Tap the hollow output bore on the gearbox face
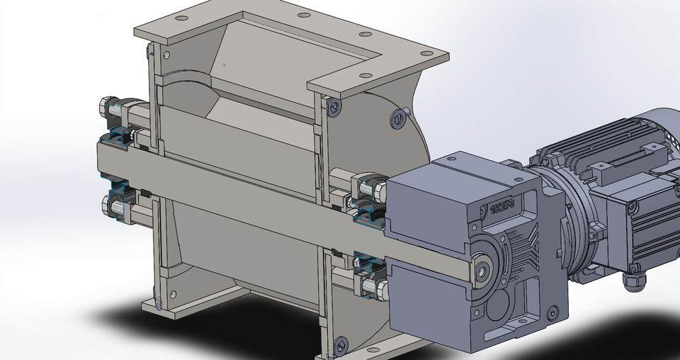click(x=484, y=269)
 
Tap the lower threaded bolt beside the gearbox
click(x=371, y=287)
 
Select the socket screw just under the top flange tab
click(x=334, y=106)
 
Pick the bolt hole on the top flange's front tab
click(x=365, y=77)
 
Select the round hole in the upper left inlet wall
click(x=166, y=54)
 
